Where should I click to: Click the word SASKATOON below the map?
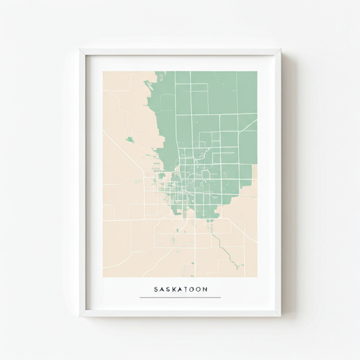pos(180,289)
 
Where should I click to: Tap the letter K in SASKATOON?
pos(172,289)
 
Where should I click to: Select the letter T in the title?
pos(185,289)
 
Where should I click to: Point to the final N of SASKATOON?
pos(205,289)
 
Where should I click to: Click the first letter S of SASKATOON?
pos(155,289)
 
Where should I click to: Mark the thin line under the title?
pos(180,297)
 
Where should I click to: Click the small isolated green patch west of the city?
pos(130,139)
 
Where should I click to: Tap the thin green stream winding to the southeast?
pos(227,250)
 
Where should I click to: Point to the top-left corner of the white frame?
pos(80,49)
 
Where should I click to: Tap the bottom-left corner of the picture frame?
pos(80,315)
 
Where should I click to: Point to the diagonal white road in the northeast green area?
pos(248,126)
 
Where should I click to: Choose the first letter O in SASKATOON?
pos(191,289)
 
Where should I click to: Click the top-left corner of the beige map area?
pos(104,72)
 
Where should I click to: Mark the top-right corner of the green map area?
pos(257,72)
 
